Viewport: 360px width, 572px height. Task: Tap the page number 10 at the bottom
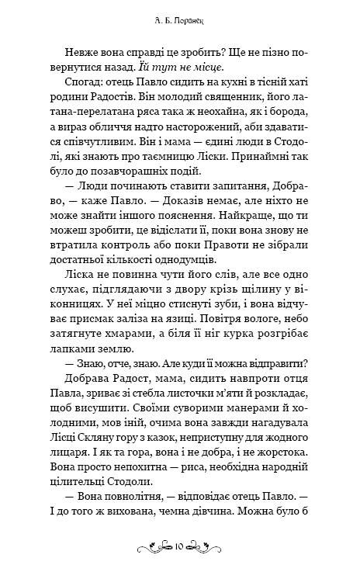point(180,547)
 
